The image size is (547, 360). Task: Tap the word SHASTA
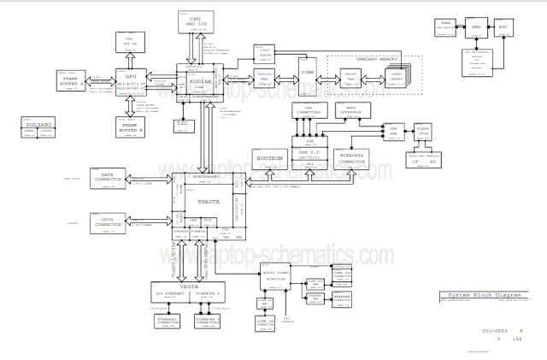pos(209,202)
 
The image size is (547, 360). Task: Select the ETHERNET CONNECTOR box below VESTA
pos(168,321)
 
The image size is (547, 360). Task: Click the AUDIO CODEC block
pos(275,277)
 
